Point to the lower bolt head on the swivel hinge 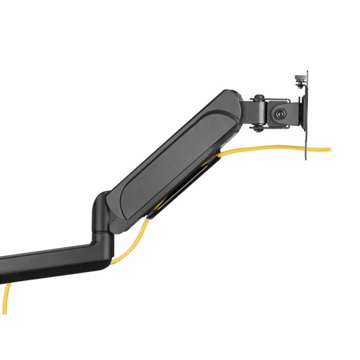click(x=257, y=129)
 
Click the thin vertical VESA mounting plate click(x=307, y=117)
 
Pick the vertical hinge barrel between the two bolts click(x=258, y=113)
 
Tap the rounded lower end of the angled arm click(x=119, y=216)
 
